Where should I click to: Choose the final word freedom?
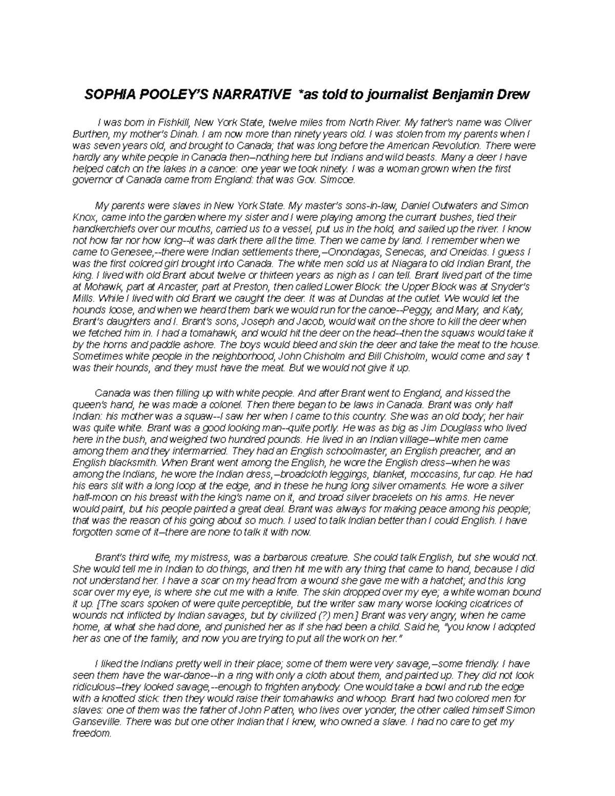click(92, 733)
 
